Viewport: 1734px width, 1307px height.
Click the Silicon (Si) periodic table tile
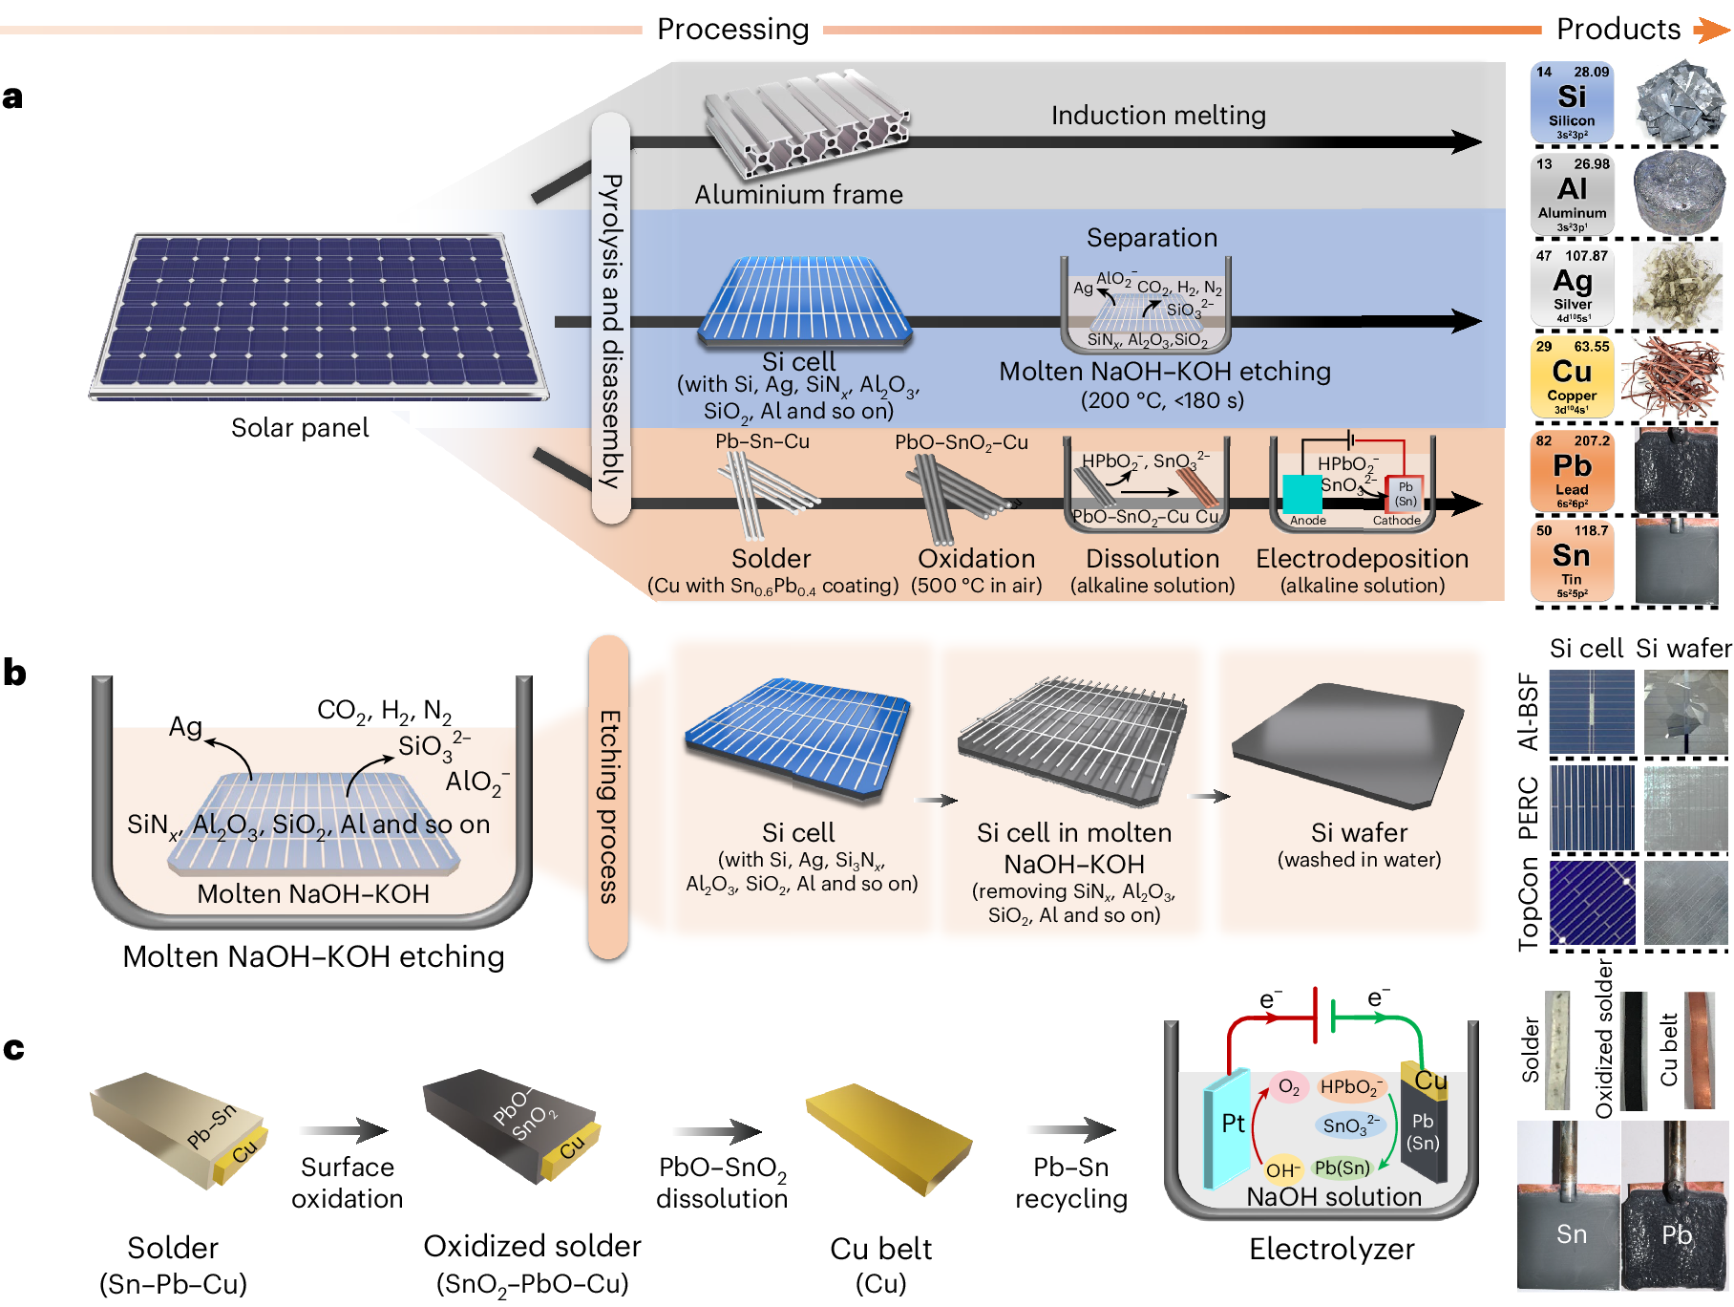tap(1571, 102)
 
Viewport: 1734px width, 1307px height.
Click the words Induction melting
tap(1158, 116)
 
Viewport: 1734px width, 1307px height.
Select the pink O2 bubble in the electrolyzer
tap(1288, 1087)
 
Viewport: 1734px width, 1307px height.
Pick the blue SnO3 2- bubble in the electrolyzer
tap(1350, 1125)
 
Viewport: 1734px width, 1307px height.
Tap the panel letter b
tap(14, 674)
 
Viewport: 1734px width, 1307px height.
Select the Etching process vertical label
tap(609, 798)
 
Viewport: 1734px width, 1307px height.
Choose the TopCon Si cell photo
tap(1592, 903)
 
